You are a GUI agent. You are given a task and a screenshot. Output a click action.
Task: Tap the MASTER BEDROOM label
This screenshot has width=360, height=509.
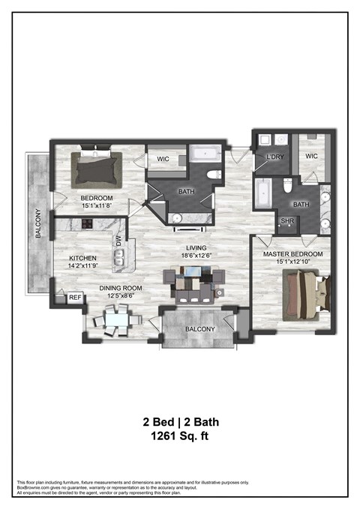[292, 254]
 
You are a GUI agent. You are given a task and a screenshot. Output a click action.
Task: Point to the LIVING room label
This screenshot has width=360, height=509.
[197, 248]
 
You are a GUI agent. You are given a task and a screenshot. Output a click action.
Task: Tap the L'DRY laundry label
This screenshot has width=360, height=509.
[274, 157]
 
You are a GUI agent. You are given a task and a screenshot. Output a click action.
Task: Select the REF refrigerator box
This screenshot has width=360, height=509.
[74, 298]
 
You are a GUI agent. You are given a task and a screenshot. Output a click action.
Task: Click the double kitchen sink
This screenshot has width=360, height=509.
[119, 260]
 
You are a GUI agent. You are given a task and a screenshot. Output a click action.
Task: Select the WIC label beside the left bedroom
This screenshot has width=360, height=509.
[163, 159]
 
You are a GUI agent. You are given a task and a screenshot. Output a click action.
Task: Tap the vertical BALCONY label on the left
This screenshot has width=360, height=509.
[37, 223]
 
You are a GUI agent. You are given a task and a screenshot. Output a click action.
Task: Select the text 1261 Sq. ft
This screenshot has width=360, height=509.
[180, 435]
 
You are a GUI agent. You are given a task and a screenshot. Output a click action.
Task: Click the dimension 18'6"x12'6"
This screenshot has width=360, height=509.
[197, 257]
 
